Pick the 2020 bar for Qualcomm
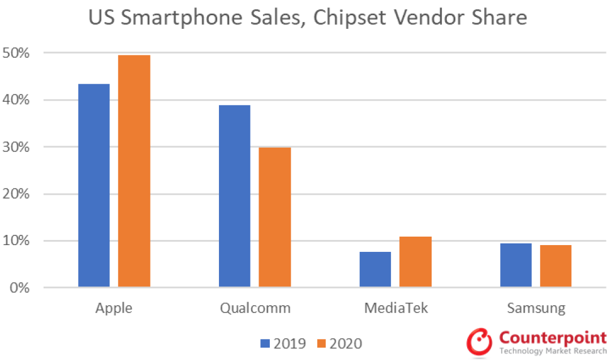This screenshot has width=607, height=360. (x=275, y=217)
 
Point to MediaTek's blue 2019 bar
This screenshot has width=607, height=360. (x=375, y=269)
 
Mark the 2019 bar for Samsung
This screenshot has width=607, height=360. (x=516, y=265)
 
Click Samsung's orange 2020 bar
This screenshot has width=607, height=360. (x=556, y=266)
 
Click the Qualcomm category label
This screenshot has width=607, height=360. (x=255, y=308)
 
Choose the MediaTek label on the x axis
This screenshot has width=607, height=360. (x=396, y=308)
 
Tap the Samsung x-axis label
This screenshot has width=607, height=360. (x=536, y=308)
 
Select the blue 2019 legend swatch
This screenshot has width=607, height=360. (x=265, y=343)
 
